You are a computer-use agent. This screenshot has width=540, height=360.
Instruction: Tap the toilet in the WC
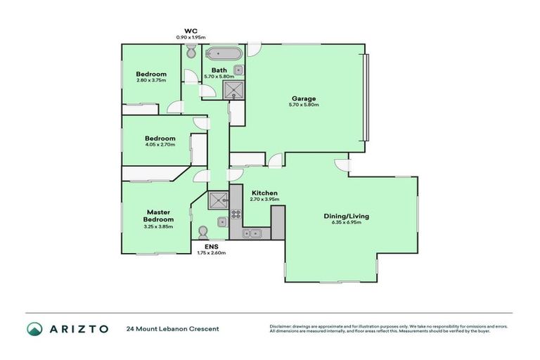[191, 51]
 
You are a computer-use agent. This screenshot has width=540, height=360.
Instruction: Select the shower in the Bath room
[232, 89]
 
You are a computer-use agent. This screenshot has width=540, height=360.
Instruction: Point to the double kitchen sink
[252, 233]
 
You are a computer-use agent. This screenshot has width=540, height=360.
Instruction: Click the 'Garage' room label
[304, 98]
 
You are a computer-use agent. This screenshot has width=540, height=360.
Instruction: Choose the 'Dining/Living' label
[345, 217]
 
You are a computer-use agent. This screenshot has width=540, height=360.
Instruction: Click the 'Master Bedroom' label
[160, 216]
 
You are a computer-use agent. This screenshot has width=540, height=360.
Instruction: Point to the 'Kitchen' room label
[265, 193]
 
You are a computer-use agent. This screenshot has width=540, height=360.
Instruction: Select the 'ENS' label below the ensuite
[211, 246]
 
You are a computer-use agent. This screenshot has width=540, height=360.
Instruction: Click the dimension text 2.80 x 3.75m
[151, 81]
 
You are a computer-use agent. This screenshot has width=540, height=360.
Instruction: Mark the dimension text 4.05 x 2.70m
[160, 145]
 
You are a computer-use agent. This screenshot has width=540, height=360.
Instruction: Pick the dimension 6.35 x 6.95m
[345, 224]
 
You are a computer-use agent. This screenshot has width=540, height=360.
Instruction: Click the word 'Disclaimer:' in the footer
[281, 326]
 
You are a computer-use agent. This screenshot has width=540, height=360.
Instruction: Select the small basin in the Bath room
[239, 70]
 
